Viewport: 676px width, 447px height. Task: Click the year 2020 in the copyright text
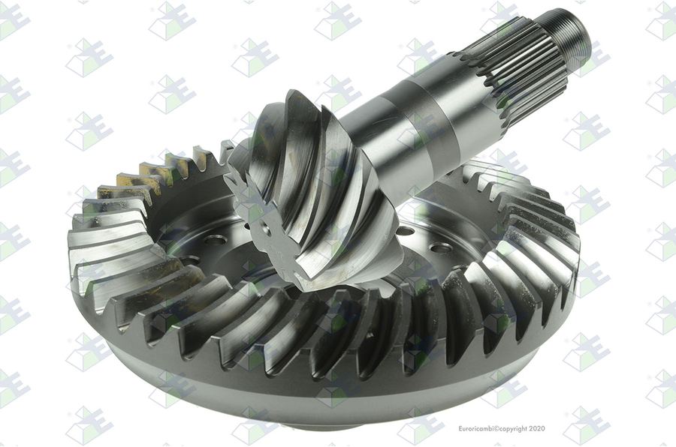coord(537,428)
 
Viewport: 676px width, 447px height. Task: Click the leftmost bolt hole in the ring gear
coord(190,260)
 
